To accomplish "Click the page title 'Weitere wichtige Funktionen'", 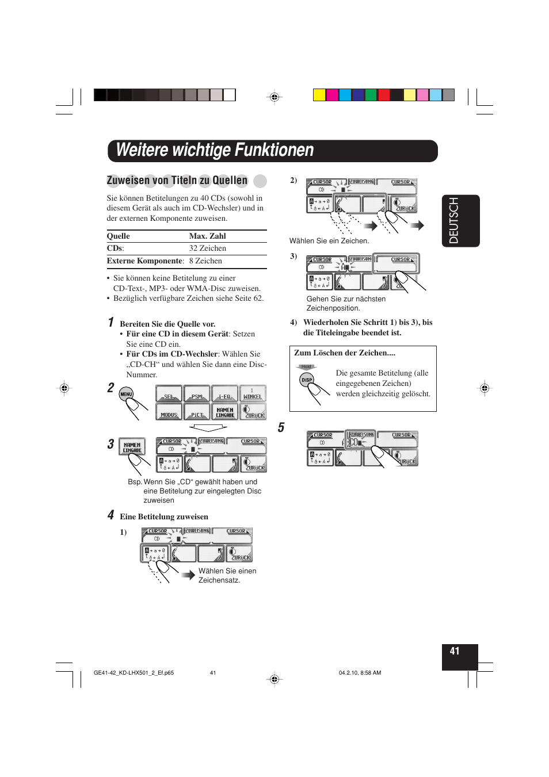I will [x=215, y=151].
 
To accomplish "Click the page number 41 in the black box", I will [x=455, y=651].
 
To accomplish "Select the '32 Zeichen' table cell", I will [x=207, y=248].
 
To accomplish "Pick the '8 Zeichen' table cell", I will [x=205, y=261].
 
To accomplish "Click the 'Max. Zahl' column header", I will [x=207, y=236].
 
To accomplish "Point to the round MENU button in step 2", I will [x=126, y=394].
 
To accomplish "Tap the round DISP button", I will [x=307, y=380].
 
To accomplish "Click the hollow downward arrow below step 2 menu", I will [x=208, y=428].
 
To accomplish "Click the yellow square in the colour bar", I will [x=319, y=95].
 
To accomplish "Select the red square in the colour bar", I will [x=384, y=95].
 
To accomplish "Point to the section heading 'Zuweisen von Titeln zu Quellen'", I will [x=177, y=181].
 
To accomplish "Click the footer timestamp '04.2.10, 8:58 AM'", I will [x=360, y=673].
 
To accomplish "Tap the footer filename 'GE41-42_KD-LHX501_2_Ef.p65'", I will [x=134, y=673].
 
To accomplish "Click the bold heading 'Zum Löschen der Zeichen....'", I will [x=345, y=353].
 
